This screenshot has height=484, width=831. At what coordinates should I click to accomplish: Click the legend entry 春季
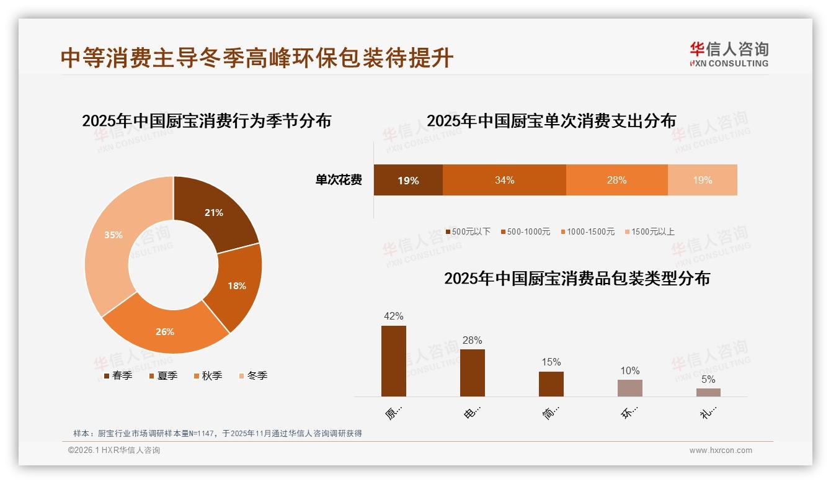point(118,375)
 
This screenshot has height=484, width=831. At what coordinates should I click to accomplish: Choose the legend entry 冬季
point(252,375)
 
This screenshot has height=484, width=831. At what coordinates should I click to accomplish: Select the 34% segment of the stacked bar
point(504,180)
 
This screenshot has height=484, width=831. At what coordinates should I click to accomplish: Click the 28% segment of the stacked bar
point(616,180)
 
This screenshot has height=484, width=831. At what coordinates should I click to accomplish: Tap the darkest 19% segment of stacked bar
point(408,180)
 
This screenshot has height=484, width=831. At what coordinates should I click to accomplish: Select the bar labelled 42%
point(394,361)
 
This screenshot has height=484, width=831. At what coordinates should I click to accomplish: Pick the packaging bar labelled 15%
point(551,383)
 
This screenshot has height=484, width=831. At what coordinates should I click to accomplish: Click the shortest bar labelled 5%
point(708,392)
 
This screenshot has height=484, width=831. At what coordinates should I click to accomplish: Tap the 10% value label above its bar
point(629,370)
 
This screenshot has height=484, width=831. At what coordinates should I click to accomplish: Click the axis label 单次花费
point(339,180)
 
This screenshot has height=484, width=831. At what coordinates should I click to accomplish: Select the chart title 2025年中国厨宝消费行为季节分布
point(207,120)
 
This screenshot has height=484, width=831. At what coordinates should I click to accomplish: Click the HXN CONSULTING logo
point(729,55)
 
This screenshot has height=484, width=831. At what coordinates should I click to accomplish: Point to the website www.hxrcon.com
point(720,450)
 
